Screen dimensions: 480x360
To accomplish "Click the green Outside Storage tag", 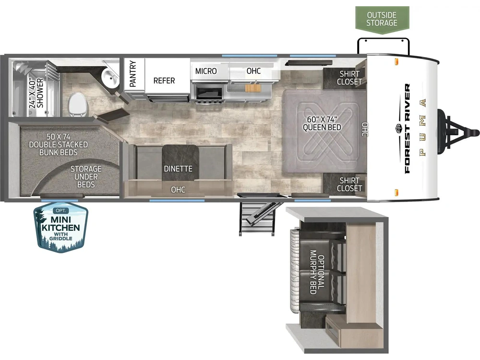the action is click(382, 19).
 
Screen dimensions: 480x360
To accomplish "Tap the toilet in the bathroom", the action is click(77, 105).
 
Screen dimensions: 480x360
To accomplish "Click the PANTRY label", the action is click(133, 73).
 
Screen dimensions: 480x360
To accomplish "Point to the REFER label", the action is click(164, 81).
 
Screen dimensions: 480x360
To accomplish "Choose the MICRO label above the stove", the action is click(206, 71).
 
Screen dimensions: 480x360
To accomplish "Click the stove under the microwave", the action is click(210, 94).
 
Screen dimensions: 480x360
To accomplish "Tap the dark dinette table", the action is click(180, 162).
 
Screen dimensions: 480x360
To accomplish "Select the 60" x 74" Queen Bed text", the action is click(322, 123).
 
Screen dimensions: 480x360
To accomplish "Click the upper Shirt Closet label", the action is click(349, 78).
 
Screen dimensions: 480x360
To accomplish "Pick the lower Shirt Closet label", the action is click(349, 184).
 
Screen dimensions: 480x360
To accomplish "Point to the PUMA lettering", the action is click(422, 127).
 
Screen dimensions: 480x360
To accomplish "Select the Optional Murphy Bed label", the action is click(317, 272).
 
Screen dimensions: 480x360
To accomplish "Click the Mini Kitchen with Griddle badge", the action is click(61, 227).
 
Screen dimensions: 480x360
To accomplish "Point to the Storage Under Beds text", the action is click(86, 177).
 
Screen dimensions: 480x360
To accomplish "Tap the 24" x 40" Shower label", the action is click(36, 93).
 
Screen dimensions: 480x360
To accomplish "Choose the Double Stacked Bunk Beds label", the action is click(59, 144).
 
